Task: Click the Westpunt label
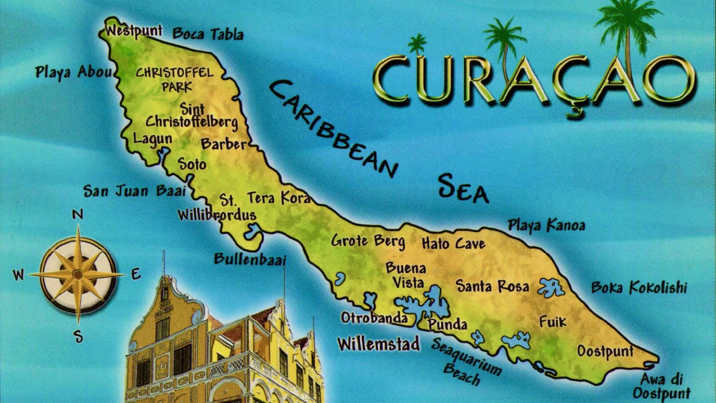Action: point(134,31)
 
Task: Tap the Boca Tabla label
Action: point(208,34)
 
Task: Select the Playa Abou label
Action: point(73,72)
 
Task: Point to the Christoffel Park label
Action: point(175,79)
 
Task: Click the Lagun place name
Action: point(153,139)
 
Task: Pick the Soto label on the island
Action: point(192,164)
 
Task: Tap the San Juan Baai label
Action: point(134,191)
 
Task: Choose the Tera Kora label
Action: point(278,197)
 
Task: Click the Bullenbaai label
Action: point(250,259)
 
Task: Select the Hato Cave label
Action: point(453,244)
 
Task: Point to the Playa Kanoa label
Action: point(546,225)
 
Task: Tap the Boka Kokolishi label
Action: point(639,287)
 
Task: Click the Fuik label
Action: point(553,322)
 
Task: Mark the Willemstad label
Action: point(379,344)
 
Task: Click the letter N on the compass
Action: point(78,214)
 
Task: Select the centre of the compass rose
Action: point(78,274)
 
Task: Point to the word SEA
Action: point(463,188)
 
